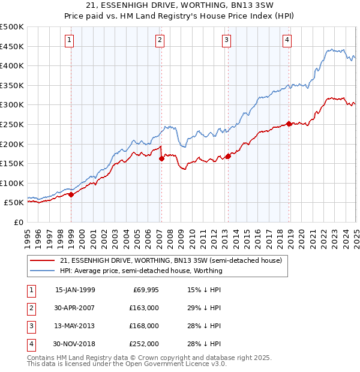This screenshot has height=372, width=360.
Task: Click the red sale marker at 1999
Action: pyautogui.click(x=71, y=194)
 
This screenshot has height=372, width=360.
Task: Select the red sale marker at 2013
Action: pyautogui.click(x=228, y=157)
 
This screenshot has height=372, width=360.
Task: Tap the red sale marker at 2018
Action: pyautogui.click(x=289, y=124)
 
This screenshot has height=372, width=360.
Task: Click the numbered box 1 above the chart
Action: pyautogui.click(x=70, y=40)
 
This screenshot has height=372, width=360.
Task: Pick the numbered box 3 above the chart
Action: pyautogui.click(x=226, y=40)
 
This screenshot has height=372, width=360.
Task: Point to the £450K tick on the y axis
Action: pyautogui.click(x=12, y=46)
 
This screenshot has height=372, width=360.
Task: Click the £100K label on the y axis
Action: pyautogui.click(x=12, y=183)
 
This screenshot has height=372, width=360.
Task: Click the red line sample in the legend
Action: pyautogui.click(x=43, y=261)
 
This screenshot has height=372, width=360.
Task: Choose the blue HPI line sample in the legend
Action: pyautogui.click(x=43, y=271)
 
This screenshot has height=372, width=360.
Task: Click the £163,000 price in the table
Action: pyautogui.click(x=144, y=308)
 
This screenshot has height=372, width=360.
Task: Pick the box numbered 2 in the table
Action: pyautogui.click(x=31, y=308)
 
